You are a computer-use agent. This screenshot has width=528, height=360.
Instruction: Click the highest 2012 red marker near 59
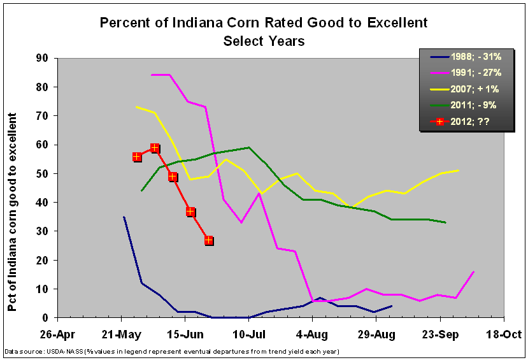coord(155,148)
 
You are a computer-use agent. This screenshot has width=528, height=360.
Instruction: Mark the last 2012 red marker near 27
coord(209,240)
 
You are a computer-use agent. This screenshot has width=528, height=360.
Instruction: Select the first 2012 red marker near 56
coord(137,157)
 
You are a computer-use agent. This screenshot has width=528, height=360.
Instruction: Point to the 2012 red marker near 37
coord(190,212)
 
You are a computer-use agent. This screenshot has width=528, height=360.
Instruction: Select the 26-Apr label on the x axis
coord(57,334)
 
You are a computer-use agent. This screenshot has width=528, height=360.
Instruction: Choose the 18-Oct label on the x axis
coord(504,334)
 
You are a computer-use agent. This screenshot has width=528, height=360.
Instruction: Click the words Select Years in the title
coord(264,41)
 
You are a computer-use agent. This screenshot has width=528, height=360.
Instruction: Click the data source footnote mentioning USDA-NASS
coord(172,351)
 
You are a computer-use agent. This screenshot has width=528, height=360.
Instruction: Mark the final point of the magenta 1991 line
coord(474,271)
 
